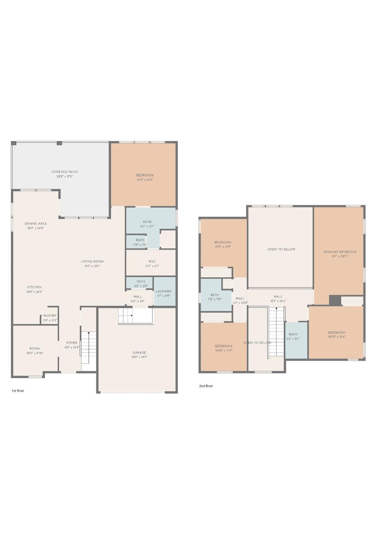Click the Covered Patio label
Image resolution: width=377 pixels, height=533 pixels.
pos(65,172)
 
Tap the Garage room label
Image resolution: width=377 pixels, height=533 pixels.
pos(139,353)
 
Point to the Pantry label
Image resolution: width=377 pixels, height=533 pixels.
pos(50,316)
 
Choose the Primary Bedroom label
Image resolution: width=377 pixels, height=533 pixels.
pos(340,252)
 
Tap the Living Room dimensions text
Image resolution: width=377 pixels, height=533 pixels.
pos(92,266)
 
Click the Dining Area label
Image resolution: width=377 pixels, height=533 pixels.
pos(36,223)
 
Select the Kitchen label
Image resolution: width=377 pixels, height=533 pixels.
pos(34,287)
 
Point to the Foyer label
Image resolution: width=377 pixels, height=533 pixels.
pos(72,343)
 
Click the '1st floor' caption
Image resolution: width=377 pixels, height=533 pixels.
pos(18,391)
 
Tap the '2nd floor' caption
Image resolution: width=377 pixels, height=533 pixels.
pos(206,386)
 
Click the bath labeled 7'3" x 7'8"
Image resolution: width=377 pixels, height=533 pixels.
pos(215,297)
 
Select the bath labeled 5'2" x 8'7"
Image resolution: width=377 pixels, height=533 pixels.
pos(293,337)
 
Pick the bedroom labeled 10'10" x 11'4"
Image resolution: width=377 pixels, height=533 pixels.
pos(224,348)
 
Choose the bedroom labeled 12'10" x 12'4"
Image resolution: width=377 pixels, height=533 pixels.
pos(337,335)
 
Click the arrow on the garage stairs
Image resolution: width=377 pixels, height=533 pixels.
pos(131,315)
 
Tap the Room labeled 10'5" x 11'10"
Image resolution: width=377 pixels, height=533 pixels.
pos(35,350)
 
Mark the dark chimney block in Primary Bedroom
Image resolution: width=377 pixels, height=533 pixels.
pos(335,301)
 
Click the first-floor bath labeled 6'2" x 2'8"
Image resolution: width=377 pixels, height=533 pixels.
pos(141,284)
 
